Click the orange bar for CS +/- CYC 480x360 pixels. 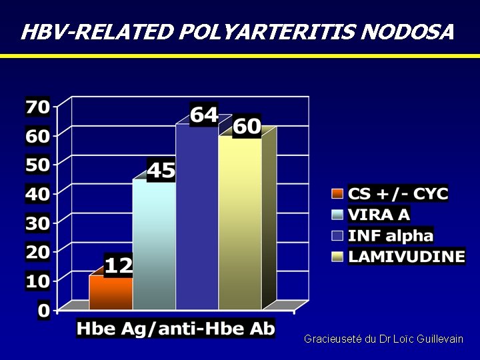pos(111,293)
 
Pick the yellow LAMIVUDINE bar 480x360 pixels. pos(240,223)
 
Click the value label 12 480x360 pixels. pos(119,265)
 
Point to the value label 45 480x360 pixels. pos(161,171)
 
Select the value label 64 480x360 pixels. pos(204,115)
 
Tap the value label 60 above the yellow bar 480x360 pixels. pos(247,127)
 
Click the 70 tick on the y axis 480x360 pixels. pos(37,107)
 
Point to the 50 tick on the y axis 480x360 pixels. pos(37,165)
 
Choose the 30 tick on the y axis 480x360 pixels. pos(37,223)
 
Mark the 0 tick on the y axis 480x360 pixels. pos(43,311)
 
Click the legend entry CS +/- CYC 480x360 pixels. pos(399,194)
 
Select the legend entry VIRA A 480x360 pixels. pos(379,215)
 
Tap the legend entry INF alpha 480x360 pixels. pos(391,235)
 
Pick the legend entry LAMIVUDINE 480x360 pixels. pos(407,256)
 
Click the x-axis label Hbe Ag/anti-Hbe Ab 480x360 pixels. pos(175,329)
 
